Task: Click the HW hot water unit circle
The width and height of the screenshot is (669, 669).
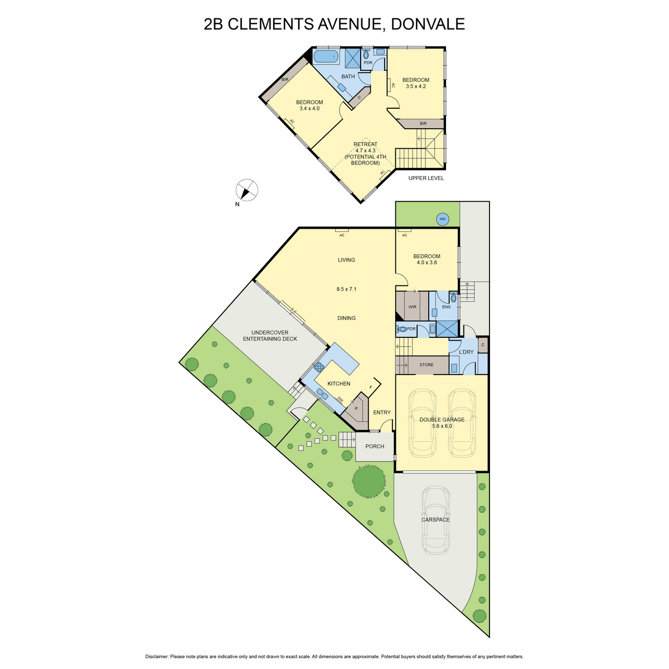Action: [x=442, y=219]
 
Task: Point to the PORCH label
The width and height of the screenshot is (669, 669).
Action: [x=375, y=446]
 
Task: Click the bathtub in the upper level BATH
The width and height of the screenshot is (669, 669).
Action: [x=326, y=56]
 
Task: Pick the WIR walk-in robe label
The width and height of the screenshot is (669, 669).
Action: [x=412, y=307]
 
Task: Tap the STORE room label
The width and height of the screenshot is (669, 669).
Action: [x=426, y=365]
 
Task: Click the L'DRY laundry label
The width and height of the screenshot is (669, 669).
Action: [x=466, y=352]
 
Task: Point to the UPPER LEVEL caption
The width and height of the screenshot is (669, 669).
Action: [x=426, y=178]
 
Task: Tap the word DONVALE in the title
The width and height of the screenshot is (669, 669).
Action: [x=428, y=25]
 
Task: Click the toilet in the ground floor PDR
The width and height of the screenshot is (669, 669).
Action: [x=401, y=329]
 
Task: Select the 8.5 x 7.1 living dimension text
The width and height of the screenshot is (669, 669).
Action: [x=346, y=289]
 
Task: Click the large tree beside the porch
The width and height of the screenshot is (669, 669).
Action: [x=369, y=482]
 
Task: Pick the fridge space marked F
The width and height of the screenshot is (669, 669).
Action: [x=370, y=387]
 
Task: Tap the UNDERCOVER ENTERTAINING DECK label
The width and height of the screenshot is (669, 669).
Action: [x=270, y=336]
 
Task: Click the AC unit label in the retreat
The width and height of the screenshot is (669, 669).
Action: [x=382, y=172]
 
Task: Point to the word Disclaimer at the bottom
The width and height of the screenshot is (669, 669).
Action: [x=157, y=657]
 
